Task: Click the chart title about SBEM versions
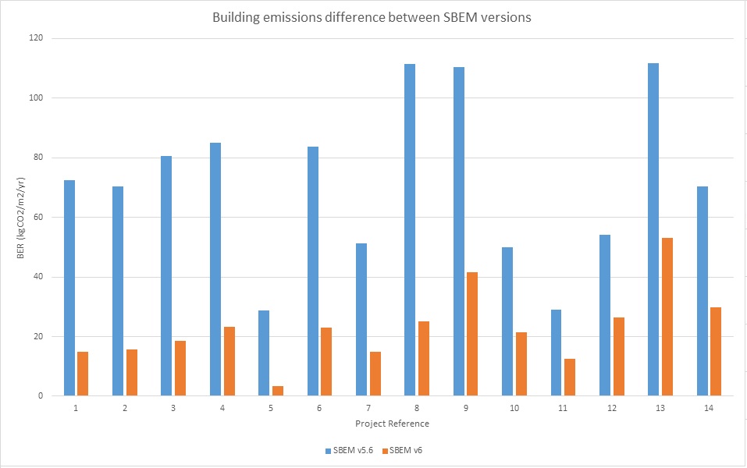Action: pyautogui.click(x=372, y=17)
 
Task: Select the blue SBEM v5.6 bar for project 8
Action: pyautogui.click(x=410, y=230)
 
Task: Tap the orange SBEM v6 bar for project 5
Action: pyautogui.click(x=277, y=391)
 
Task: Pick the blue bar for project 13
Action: pyautogui.click(x=653, y=229)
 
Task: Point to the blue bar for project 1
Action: pyautogui.click(x=69, y=288)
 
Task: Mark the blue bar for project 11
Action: pyautogui.click(x=556, y=353)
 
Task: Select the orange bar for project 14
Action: pyautogui.click(x=716, y=352)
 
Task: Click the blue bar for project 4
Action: pyautogui.click(x=215, y=269)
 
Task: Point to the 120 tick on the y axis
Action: pyautogui.click(x=36, y=38)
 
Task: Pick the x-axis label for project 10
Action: pyautogui.click(x=514, y=408)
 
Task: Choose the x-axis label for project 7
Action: pyautogui.click(x=368, y=408)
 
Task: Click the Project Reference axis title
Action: pyautogui.click(x=392, y=424)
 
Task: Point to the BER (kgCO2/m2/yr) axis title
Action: pyautogui.click(x=16, y=218)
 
